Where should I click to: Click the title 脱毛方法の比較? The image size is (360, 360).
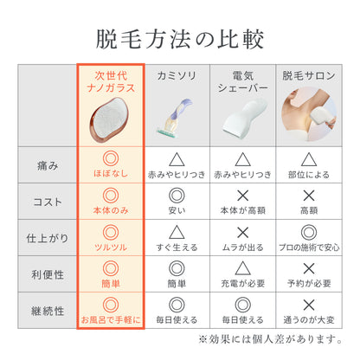point(180,39)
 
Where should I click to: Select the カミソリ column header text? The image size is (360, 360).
point(176,75)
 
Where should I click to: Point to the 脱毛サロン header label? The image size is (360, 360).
point(308,75)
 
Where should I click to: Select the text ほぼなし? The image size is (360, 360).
point(110,173)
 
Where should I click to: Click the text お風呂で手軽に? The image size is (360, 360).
point(110,321)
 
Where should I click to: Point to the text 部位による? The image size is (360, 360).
point(308,173)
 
